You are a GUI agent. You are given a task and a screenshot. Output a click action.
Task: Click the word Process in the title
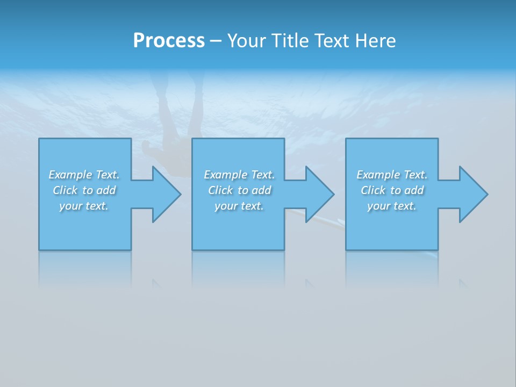point(169,41)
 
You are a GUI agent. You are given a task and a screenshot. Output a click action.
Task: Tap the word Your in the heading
point(248,41)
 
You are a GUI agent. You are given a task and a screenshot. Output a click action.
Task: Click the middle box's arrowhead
point(320,194)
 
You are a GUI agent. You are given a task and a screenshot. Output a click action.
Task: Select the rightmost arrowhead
point(473,194)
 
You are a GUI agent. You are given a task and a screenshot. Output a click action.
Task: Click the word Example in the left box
point(70,175)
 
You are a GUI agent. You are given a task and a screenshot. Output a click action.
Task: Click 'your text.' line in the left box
point(84,206)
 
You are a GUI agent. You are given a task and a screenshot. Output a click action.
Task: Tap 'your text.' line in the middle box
point(239,206)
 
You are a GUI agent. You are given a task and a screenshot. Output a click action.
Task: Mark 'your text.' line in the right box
point(392,206)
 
